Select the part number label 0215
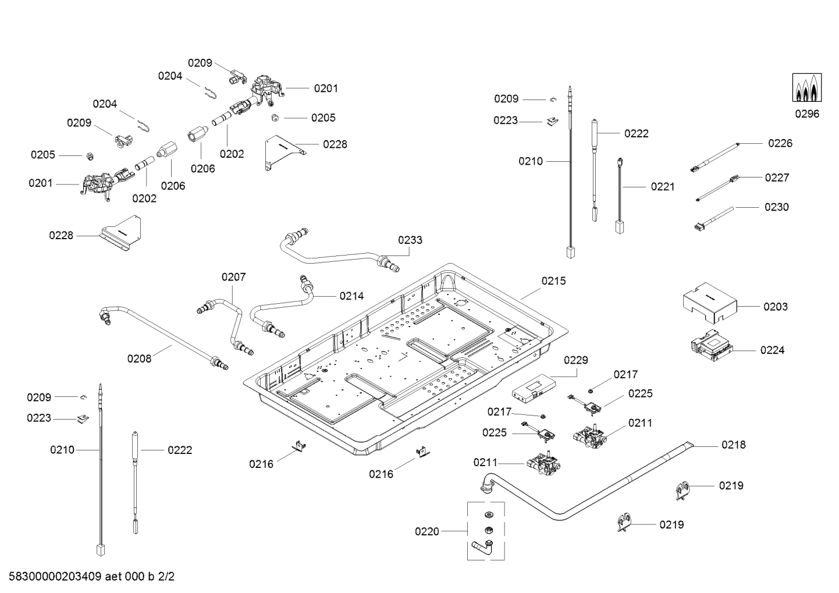553,281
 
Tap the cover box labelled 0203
709,302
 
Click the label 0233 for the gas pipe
410,240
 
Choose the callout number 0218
733,445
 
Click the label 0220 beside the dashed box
427,531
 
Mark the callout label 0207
233,277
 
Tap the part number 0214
351,296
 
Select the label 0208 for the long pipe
139,358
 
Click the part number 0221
663,187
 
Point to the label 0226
780,143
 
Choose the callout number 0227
777,177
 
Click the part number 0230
777,207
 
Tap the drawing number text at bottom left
88,577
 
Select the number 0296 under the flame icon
807,114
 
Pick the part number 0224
772,350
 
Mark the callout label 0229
576,361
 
